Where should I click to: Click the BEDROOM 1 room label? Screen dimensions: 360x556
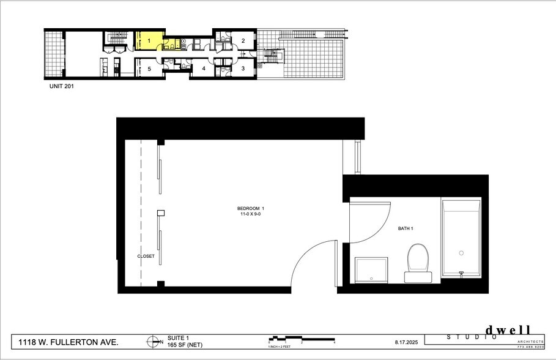tap(254, 209)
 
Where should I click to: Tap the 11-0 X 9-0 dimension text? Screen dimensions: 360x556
tap(254, 215)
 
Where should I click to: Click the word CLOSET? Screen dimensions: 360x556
tap(146, 256)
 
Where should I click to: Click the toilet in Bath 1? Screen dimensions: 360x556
tap(418, 263)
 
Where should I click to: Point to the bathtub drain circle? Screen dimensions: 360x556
tap(461, 252)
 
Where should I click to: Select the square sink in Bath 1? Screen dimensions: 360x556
tap(371, 270)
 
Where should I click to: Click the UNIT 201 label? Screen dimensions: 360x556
tap(62, 86)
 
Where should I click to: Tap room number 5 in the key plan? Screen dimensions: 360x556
tap(149, 69)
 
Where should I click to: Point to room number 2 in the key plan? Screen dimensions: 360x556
tap(243, 42)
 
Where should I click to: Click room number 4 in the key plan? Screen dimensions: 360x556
tap(204, 69)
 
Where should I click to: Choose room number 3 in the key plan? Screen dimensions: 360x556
tap(243, 69)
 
